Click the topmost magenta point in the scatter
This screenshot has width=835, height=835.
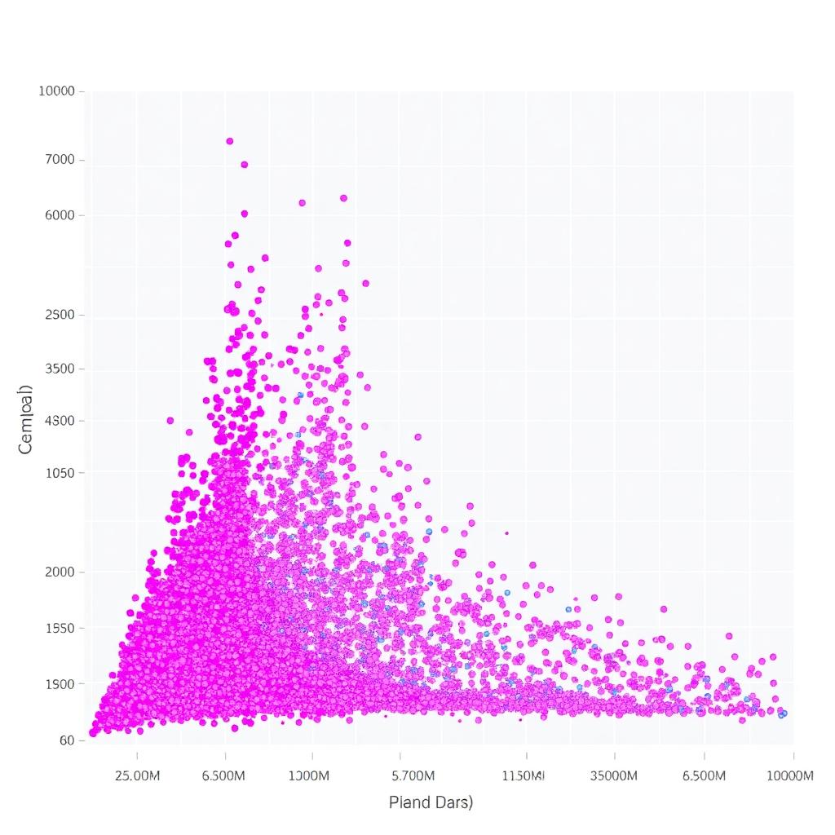point(230,141)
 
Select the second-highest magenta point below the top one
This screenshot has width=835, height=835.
point(244,164)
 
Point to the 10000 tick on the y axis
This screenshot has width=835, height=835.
point(56,91)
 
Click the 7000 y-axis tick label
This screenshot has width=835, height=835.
point(61,160)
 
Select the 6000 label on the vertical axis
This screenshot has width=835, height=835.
point(61,215)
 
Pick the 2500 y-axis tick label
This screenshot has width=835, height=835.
point(61,315)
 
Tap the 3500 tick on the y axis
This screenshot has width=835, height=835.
point(61,369)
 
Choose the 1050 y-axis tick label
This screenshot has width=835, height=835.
point(61,473)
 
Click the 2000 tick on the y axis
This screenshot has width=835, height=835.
point(61,572)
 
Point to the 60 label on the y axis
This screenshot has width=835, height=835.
point(67,740)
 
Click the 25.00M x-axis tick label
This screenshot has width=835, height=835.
point(138,775)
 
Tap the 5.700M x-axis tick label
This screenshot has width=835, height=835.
point(413,775)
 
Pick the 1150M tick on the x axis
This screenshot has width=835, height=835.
point(521,775)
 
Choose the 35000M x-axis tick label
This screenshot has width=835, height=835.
point(613,775)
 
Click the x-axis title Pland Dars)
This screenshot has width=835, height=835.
point(431,802)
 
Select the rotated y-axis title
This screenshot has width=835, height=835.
point(26,418)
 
